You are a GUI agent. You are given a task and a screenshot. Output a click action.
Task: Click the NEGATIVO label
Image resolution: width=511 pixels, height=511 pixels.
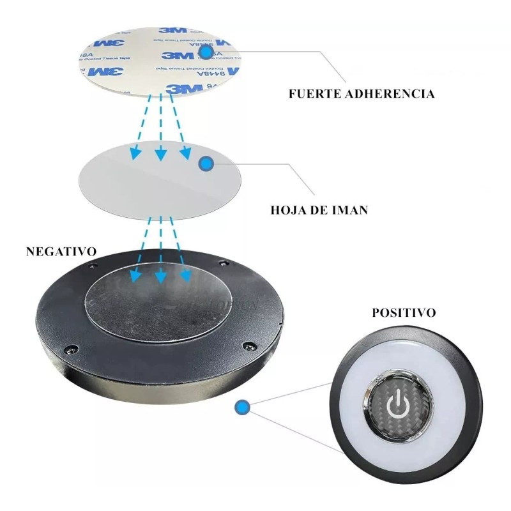[x=61, y=251]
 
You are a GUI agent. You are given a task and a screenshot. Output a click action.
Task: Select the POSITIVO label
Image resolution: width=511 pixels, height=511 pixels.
[x=404, y=313]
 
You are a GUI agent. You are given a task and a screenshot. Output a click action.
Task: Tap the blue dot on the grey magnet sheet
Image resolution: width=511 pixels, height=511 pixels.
[x=206, y=164]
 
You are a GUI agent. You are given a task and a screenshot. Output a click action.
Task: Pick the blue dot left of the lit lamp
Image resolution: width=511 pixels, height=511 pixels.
[x=242, y=406]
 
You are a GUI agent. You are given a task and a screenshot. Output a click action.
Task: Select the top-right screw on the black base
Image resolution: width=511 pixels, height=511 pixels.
[x=223, y=263]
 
